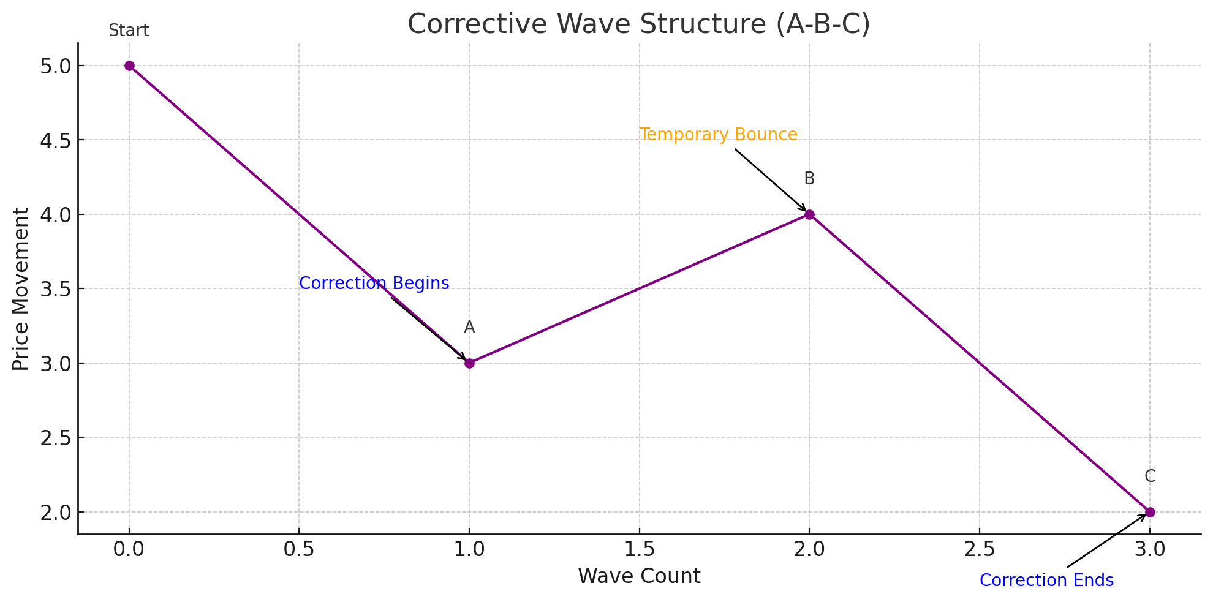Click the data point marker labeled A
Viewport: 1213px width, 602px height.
(x=469, y=363)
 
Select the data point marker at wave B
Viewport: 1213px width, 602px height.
(x=809, y=214)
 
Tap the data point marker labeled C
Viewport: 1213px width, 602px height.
(x=1150, y=512)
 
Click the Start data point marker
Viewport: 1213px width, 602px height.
(x=129, y=66)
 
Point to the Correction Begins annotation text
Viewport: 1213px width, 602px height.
(x=374, y=284)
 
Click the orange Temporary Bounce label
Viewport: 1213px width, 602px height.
(x=718, y=135)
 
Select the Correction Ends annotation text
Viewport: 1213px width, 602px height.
(x=1046, y=581)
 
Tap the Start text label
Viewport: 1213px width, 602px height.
(x=129, y=31)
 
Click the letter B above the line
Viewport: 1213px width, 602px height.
(x=809, y=179)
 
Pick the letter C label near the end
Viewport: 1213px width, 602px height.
(x=1150, y=476)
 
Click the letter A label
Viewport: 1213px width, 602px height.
(x=469, y=328)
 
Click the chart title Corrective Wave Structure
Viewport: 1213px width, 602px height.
(x=638, y=24)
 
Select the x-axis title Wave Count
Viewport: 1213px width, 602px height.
(x=639, y=576)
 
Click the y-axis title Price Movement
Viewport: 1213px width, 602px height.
(x=21, y=289)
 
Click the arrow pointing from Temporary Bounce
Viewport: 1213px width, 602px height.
(x=771, y=180)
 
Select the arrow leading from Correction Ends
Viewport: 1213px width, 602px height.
(x=1106, y=541)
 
